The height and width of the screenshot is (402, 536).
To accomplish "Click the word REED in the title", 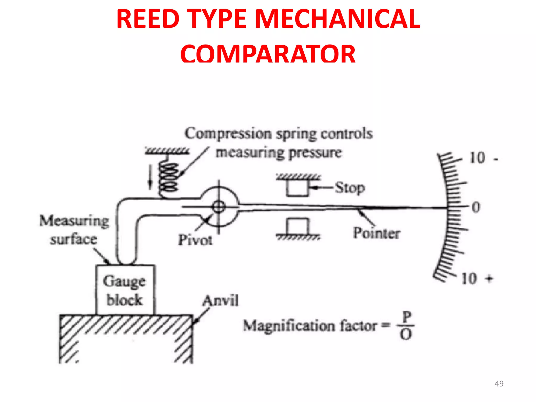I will (x=148, y=19).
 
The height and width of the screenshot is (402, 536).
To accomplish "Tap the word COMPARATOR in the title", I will (x=268, y=54).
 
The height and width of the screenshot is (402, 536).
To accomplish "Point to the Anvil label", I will (x=220, y=300).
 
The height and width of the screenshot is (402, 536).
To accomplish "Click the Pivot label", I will (x=195, y=240).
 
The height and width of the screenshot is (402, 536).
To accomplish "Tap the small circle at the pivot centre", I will (x=219, y=207).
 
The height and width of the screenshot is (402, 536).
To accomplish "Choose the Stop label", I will (x=350, y=188).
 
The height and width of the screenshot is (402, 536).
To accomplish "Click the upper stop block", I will (x=297, y=188).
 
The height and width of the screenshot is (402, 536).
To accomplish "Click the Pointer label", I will (x=377, y=233).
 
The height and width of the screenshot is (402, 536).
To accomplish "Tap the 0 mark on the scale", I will (x=476, y=207).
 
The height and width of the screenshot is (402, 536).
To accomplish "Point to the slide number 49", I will (x=499, y=384).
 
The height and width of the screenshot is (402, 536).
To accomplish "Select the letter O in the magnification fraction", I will (x=406, y=334).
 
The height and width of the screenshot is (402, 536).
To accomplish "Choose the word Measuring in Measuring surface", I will (x=74, y=221).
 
